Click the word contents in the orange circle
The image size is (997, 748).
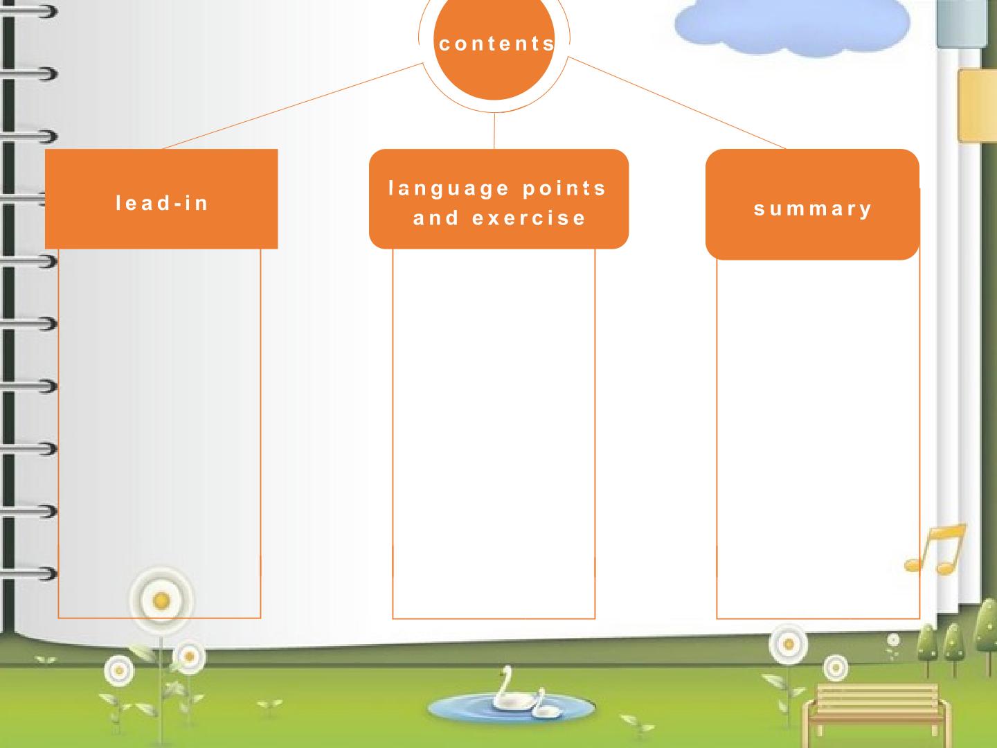pyautogui.click(x=496, y=44)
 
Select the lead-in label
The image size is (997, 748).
pyautogui.click(x=162, y=203)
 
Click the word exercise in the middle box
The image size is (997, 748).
pyautogui.click(x=529, y=218)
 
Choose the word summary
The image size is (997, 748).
pyautogui.click(x=813, y=209)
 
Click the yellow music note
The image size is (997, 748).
pyautogui.click(x=935, y=549)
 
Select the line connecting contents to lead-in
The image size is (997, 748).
pyautogui.click(x=293, y=106)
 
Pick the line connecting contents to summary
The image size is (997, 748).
pyautogui.click(x=676, y=103)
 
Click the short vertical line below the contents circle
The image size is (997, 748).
pyautogui.click(x=494, y=131)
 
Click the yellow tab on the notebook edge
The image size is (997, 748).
pyautogui.click(x=977, y=105)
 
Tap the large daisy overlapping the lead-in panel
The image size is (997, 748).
pyautogui.click(x=161, y=600)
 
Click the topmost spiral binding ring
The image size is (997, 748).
pyautogui.click(x=28, y=11)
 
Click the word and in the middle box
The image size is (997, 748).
pyautogui.click(x=435, y=218)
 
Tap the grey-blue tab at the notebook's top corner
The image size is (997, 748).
pyautogui.click(x=962, y=23)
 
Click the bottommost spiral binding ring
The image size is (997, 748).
pyautogui.click(x=28, y=573)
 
